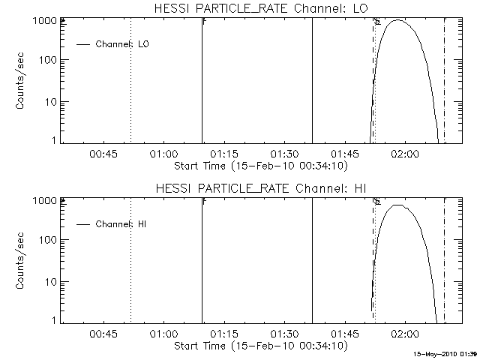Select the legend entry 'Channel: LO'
(122, 44)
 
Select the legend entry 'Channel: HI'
(120, 224)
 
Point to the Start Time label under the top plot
(259, 165)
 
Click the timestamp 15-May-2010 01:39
(446, 352)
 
